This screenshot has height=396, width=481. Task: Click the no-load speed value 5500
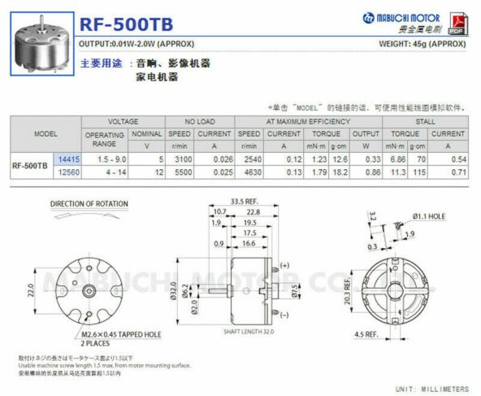(x=180, y=172)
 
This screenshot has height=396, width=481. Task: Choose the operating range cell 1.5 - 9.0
(x=105, y=159)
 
